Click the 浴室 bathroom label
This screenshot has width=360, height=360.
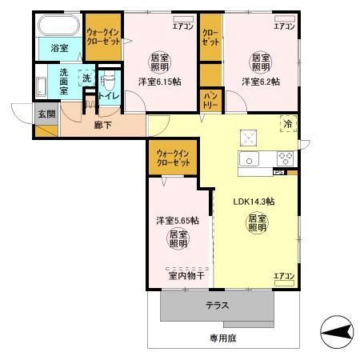click(x=60, y=49)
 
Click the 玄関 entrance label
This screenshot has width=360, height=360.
click(x=45, y=114)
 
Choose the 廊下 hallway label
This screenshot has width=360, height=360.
click(x=102, y=126)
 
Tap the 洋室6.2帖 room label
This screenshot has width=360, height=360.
click(x=260, y=82)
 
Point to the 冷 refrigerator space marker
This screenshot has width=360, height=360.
click(x=286, y=124)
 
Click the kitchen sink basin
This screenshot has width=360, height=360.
click(x=250, y=160)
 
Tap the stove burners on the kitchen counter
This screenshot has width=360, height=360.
click(x=286, y=158)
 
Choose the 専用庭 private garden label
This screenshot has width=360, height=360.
click(x=223, y=338)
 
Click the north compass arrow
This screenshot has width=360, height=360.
click(x=337, y=330)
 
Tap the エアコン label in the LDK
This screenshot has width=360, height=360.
click(x=284, y=276)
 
